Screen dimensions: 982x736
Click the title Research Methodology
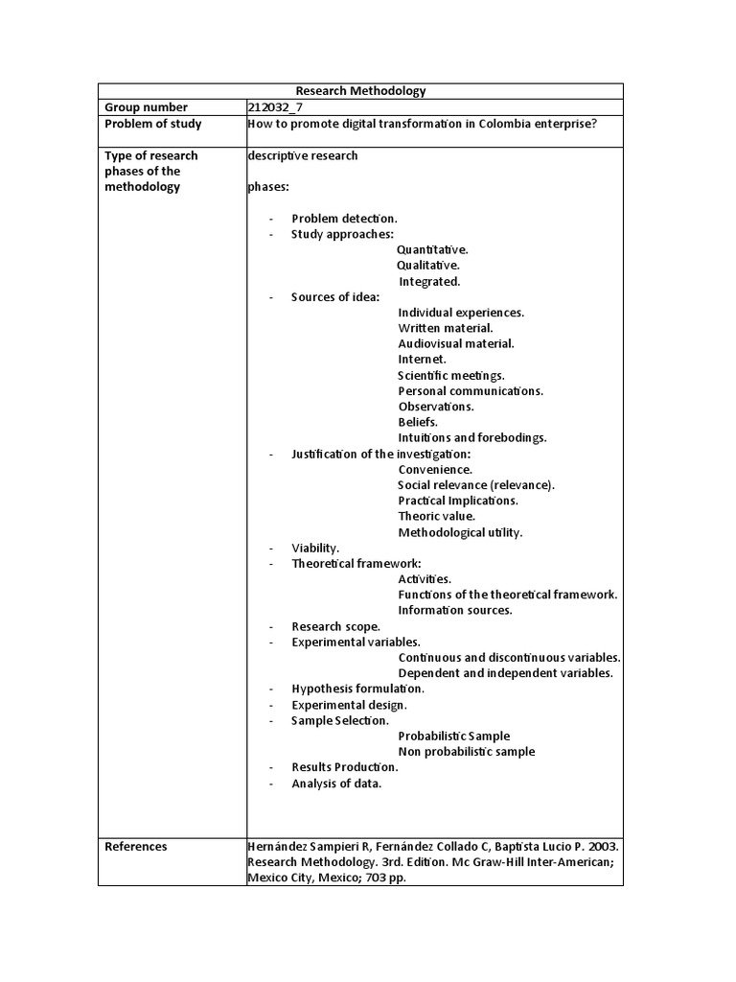(360, 91)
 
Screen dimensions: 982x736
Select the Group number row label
(146, 107)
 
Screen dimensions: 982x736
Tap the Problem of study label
(152, 124)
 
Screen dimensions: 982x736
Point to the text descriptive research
(302, 155)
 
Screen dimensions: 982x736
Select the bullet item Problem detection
(344, 219)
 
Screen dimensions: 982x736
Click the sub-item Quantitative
(432, 249)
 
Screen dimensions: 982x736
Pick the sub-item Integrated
(429, 281)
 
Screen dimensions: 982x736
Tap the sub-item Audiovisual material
(456, 343)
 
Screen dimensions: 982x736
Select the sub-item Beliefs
(418, 422)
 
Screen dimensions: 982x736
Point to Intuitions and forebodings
(472, 437)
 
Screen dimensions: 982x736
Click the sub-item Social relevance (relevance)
(476, 485)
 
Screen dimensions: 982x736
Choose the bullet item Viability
(315, 548)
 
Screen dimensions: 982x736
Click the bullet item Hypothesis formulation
(357, 689)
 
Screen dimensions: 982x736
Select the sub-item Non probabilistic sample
(467, 752)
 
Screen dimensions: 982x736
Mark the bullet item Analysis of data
(336, 783)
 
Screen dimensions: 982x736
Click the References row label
(135, 846)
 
